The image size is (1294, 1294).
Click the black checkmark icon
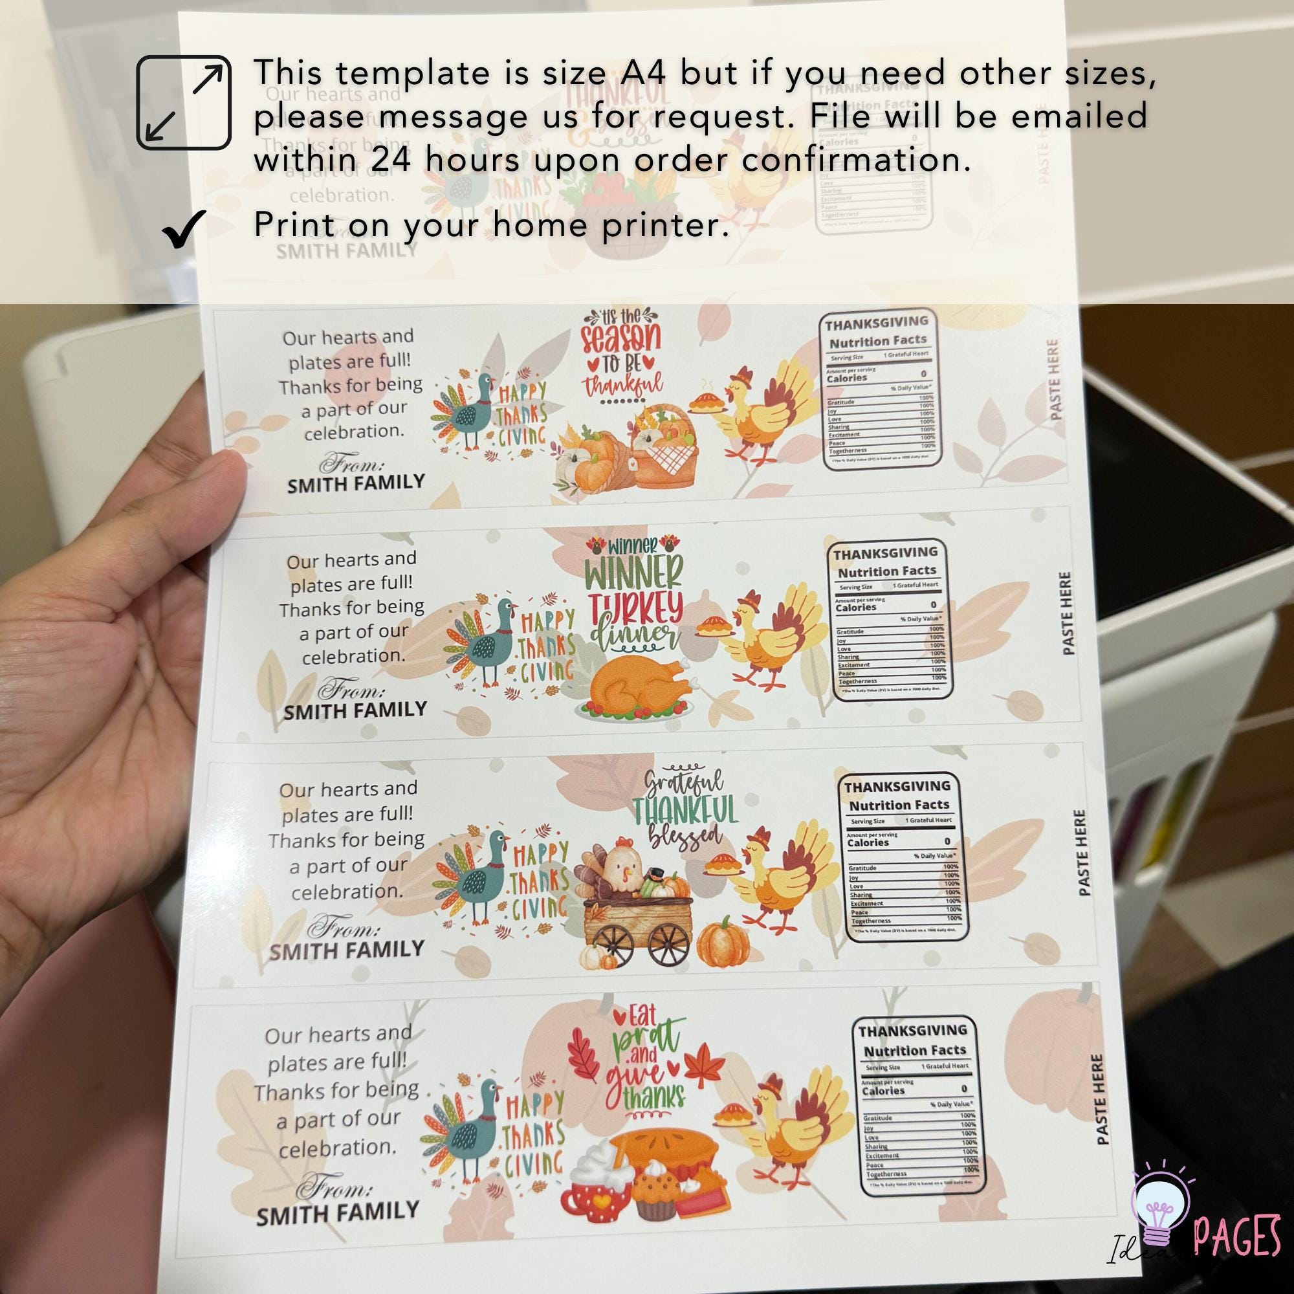(x=183, y=228)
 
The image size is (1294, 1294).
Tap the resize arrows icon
(x=184, y=102)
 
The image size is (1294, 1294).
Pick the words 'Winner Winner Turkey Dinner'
(x=633, y=595)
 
